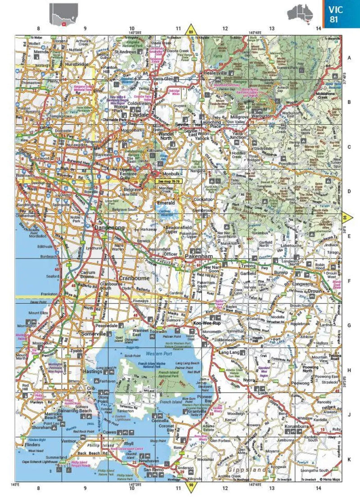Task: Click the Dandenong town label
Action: [x=109, y=228]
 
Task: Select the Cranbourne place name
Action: [x=134, y=278]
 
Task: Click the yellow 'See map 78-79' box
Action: [x=169, y=181]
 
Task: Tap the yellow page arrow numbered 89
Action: [x=190, y=31]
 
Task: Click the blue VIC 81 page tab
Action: [x=341, y=14]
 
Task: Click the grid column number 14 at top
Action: [x=318, y=28]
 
